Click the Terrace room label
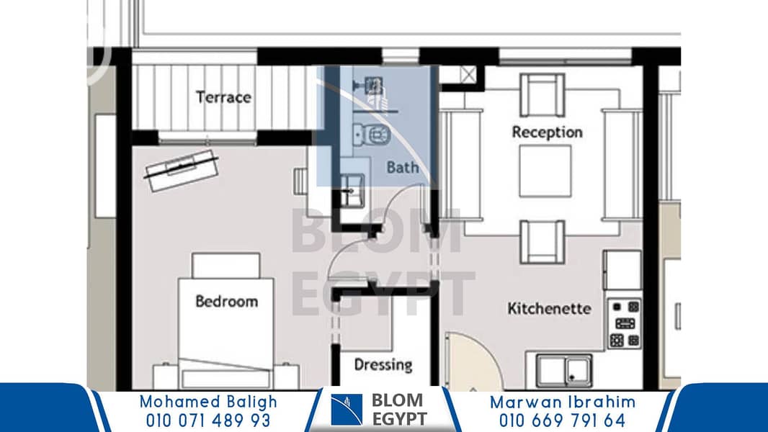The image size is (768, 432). point(223,97)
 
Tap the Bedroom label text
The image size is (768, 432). point(227,301)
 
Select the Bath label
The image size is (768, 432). point(403,167)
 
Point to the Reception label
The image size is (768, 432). point(547,132)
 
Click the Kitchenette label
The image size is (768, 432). point(549,308)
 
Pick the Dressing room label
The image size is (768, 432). point(383,364)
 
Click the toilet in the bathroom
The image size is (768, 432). point(372,135)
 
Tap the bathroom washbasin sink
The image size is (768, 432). point(352,190)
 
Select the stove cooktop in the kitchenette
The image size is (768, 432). point(625,323)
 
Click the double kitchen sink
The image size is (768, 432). point(564,370)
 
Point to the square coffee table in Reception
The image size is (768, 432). point(545,171)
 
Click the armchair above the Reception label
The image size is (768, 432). point(542,96)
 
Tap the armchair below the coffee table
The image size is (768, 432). point(542,242)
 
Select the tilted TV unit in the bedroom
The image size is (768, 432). point(182,170)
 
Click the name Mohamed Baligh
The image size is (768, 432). point(208,402)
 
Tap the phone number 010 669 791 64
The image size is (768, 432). point(562,420)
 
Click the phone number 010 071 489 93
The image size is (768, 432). point(208,420)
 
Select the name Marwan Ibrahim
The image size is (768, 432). point(563,402)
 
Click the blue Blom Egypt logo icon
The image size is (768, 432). point(347,410)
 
